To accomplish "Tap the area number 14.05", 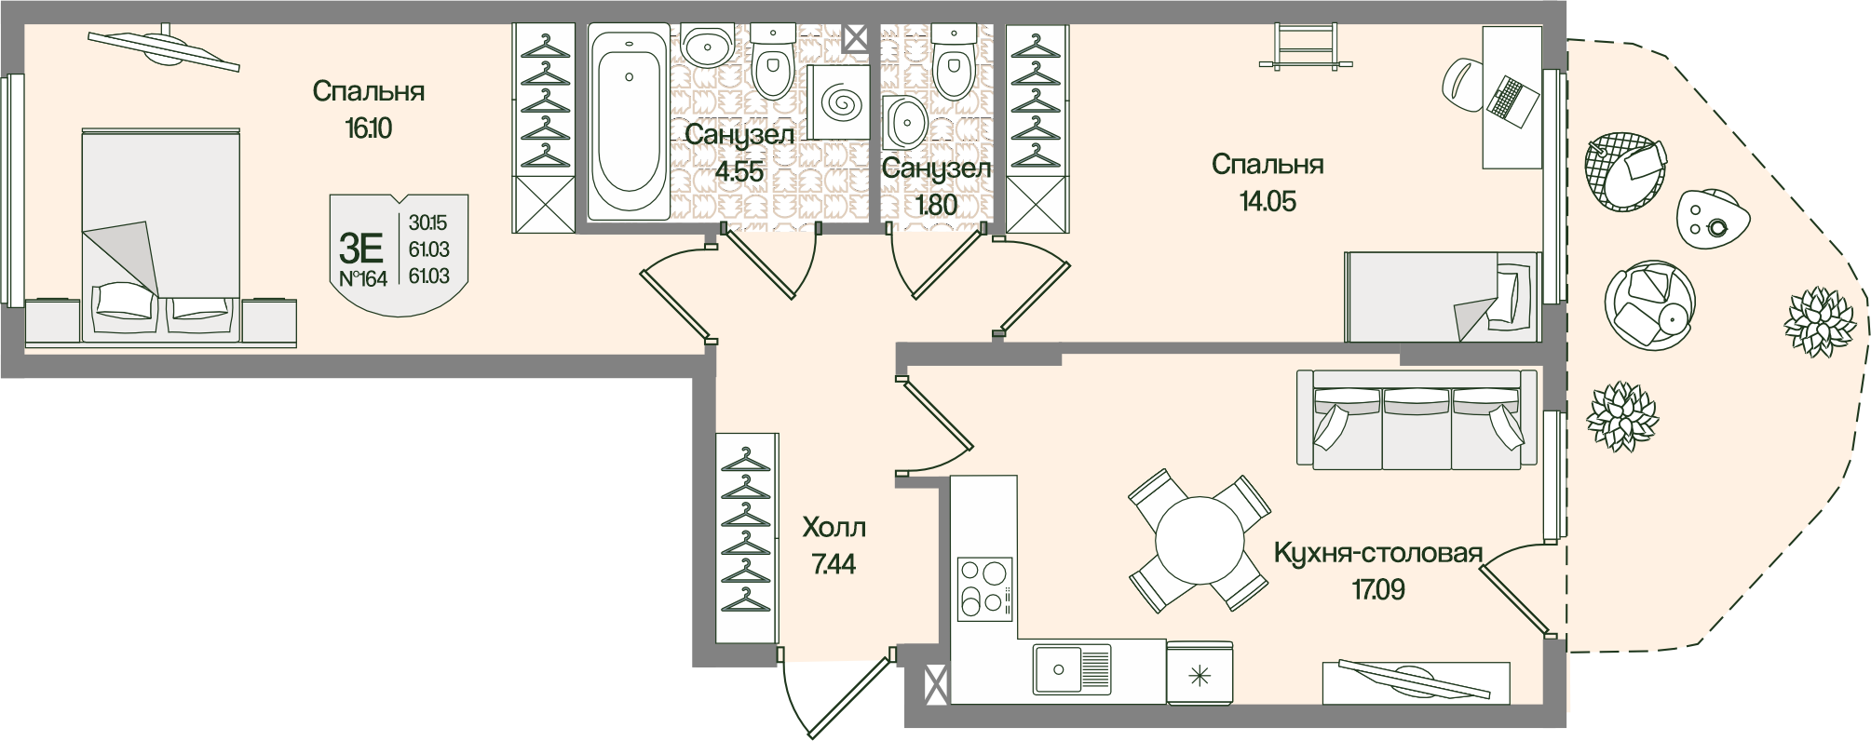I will [1267, 201].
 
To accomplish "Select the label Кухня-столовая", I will [1376, 555].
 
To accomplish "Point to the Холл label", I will [834, 529].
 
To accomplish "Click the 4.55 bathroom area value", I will [739, 171].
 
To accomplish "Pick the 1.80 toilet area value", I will [936, 204].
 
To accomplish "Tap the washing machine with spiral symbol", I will [837, 102].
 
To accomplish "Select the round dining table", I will [1200, 540].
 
